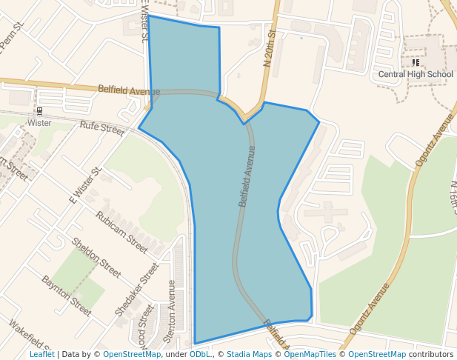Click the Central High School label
416,74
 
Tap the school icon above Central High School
416,63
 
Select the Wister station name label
39,122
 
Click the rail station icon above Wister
39,111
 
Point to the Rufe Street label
102,129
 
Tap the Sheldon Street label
96,257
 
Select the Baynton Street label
67,292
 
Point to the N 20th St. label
270,49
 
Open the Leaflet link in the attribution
41,354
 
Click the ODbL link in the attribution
200,354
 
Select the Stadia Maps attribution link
249,354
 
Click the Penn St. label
13,36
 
